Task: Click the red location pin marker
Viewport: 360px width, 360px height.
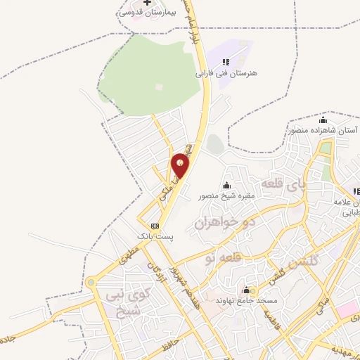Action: pos(181,165)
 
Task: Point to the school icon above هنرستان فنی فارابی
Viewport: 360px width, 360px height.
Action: pos(226,63)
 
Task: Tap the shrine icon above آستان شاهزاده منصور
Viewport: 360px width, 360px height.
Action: pos(323,120)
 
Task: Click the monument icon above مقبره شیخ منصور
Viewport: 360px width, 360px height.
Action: pos(226,186)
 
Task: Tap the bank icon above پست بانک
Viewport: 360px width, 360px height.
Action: pos(155,226)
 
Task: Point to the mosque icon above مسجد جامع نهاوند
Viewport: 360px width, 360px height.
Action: pos(247,290)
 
